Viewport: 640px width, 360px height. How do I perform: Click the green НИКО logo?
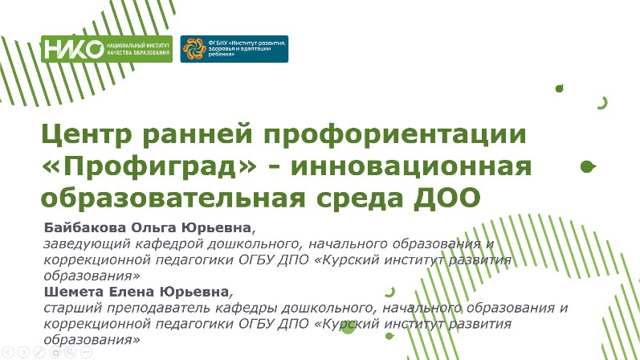click(107, 49)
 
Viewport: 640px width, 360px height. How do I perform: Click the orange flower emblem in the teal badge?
click(194, 49)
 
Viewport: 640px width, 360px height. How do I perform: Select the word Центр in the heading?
click(87, 135)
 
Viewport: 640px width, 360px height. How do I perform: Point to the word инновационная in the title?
click(411, 166)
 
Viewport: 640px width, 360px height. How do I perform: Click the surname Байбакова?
click(85, 227)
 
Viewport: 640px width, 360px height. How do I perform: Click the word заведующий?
click(87, 244)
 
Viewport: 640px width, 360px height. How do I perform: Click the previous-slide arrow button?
click(8, 352)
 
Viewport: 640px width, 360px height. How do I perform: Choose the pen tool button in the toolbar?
click(39, 352)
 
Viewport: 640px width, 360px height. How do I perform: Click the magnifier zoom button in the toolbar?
click(70, 352)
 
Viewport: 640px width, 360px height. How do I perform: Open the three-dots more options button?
click(86, 352)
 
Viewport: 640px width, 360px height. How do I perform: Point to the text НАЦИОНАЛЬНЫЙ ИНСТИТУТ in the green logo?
click(137, 46)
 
